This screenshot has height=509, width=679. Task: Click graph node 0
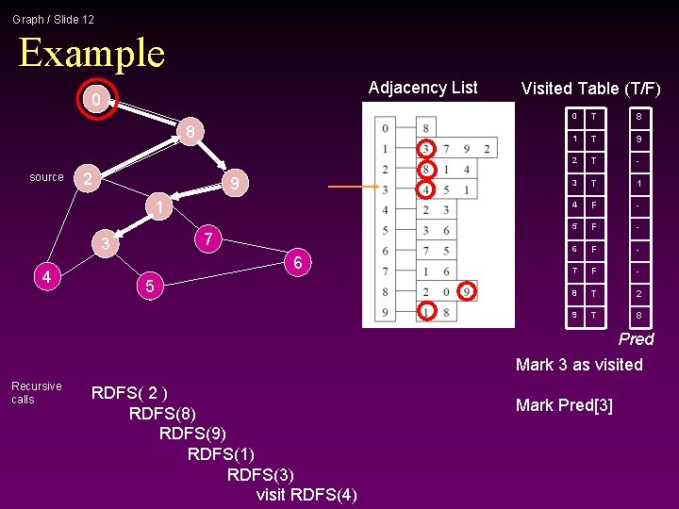93,100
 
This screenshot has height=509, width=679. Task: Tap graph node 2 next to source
87,178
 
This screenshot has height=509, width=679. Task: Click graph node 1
160,207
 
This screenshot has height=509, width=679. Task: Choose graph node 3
108,245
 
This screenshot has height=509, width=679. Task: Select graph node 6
297,263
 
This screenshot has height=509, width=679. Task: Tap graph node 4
46,276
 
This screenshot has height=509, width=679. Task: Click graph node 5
147,285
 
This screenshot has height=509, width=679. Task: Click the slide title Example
91,53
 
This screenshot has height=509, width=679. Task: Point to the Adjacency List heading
422,88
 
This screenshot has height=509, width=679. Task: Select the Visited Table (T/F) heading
590,89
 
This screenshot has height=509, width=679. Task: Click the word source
46,177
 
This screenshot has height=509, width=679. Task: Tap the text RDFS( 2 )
129,393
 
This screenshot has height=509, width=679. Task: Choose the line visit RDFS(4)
306,495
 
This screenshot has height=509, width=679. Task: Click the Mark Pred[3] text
564,405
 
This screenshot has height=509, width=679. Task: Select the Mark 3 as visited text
579,365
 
